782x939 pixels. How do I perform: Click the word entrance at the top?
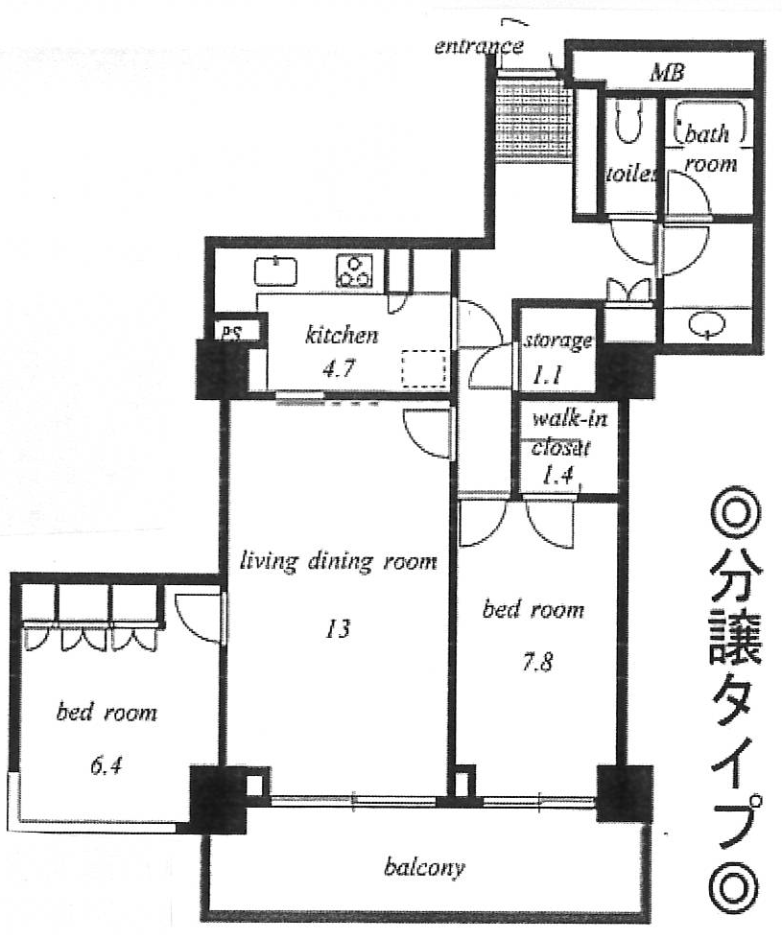tap(479, 46)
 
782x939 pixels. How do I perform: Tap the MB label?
tap(667, 73)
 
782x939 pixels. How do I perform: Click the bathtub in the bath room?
tap(711, 124)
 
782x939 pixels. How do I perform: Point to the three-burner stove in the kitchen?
tap(355, 270)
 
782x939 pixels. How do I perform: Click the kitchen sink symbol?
tap(275, 271)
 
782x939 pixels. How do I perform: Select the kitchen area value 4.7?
tap(339, 368)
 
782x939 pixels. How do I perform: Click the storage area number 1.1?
tap(547, 375)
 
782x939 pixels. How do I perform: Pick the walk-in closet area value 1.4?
tap(558, 476)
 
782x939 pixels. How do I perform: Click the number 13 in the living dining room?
tap(338, 629)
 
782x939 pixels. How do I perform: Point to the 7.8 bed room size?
tap(537, 663)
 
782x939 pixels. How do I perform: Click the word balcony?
tap(424, 868)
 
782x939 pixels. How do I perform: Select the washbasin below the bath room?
tap(706, 325)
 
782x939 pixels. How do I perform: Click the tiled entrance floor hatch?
tap(531, 119)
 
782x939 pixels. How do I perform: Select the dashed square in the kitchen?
tap(424, 368)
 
